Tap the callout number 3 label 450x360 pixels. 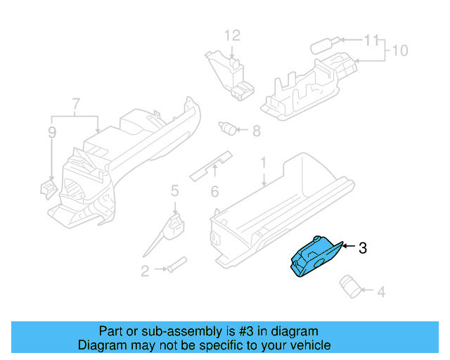click(x=362, y=247)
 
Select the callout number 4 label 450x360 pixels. click(x=381, y=291)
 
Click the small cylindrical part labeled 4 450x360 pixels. click(x=350, y=283)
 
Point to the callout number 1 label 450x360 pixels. click(x=264, y=163)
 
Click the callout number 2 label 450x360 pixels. click(x=145, y=271)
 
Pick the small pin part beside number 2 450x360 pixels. click(x=176, y=266)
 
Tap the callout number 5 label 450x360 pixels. click(x=174, y=190)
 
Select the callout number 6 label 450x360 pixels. click(x=214, y=191)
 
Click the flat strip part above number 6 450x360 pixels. click(x=212, y=165)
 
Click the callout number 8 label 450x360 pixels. click(x=256, y=130)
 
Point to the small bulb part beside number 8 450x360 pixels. click(x=229, y=128)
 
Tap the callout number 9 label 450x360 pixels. click(x=51, y=131)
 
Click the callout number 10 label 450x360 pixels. click(x=399, y=51)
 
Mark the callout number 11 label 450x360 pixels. click(x=370, y=40)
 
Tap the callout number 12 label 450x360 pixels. click(x=232, y=34)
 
